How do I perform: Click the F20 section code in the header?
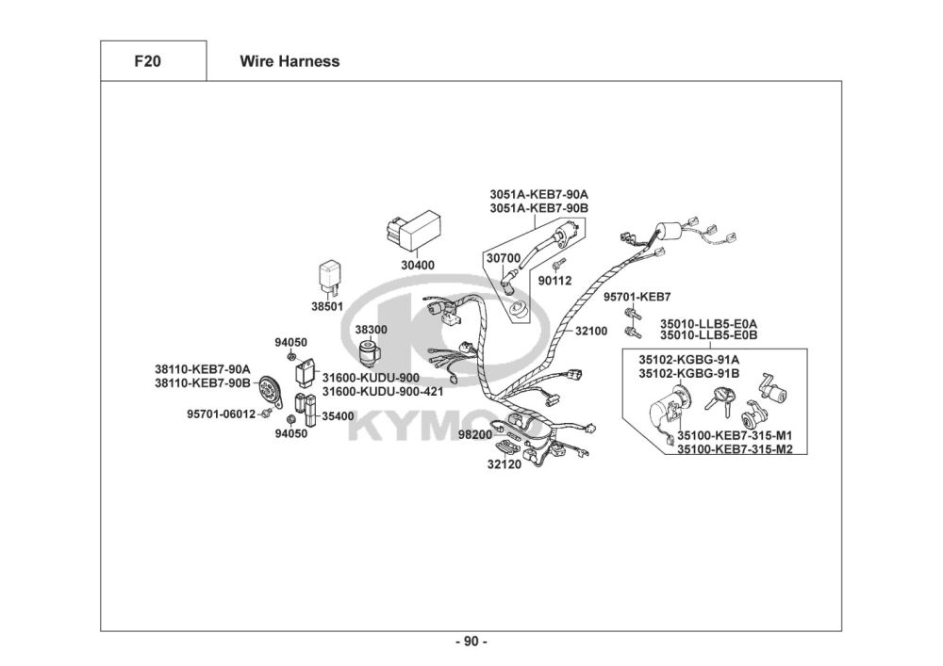147,62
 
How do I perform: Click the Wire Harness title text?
290,62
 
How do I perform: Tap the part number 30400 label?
418,266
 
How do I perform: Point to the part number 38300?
371,330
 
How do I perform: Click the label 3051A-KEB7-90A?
538,193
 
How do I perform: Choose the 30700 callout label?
503,257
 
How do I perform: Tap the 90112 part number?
554,280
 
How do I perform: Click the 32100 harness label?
591,332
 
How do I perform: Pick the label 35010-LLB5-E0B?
708,335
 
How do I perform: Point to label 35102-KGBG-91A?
688,359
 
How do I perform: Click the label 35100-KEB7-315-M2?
734,449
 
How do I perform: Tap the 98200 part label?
475,434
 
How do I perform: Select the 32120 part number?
504,463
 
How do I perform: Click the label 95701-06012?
221,414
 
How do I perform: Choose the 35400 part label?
338,415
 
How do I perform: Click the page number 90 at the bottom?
471,642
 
